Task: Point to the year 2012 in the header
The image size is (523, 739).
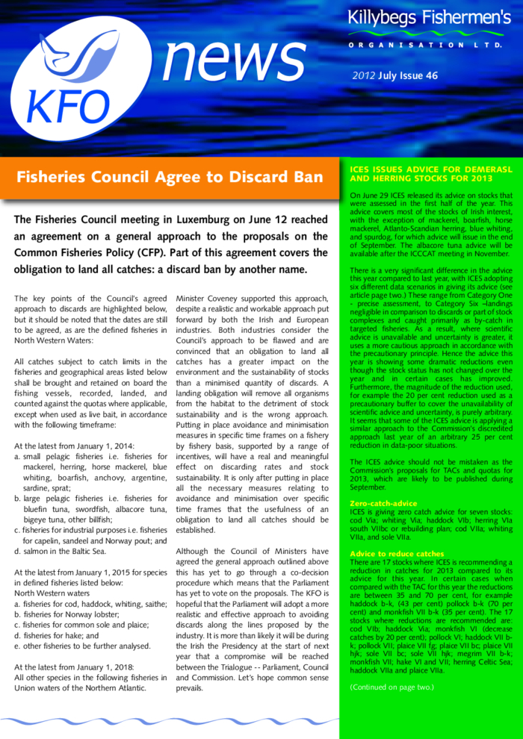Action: click(x=364, y=76)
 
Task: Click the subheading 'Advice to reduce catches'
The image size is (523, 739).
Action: click(x=397, y=554)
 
